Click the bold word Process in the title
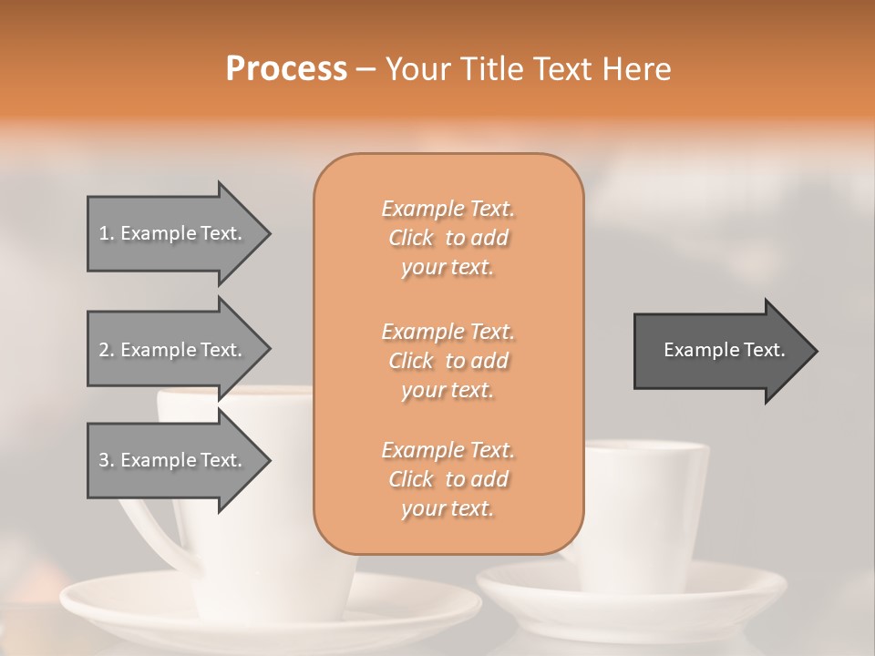(x=286, y=69)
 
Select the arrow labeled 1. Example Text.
(x=173, y=233)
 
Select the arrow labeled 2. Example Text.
(x=173, y=350)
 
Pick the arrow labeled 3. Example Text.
(x=173, y=460)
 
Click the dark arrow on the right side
(x=720, y=350)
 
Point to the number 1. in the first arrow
(x=106, y=233)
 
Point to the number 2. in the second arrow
(x=106, y=350)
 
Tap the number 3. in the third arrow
(x=106, y=460)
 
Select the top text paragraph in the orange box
(x=448, y=238)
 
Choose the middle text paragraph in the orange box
(x=448, y=360)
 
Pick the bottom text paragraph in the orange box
(x=448, y=479)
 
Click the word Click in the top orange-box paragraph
(x=411, y=239)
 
